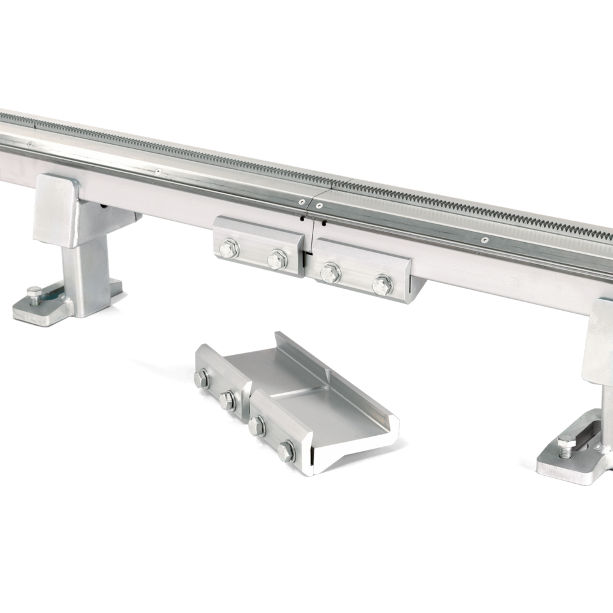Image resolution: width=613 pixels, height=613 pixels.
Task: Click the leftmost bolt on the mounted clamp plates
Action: coord(229,248)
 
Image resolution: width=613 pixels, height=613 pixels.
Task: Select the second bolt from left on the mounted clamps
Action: coord(277,259)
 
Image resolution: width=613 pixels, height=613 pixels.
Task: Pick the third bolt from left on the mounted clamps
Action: coord(330,272)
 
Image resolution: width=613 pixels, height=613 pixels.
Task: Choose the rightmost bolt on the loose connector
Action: coord(286,452)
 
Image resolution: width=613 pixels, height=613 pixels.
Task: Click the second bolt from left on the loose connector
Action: coord(227,401)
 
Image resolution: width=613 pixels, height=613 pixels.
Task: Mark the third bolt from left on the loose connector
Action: coord(257,426)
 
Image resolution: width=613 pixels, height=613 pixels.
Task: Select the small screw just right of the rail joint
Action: coord(319,205)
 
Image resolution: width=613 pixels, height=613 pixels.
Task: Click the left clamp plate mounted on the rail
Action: coord(257,245)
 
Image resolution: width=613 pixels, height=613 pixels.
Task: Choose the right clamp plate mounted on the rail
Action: coord(362,270)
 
